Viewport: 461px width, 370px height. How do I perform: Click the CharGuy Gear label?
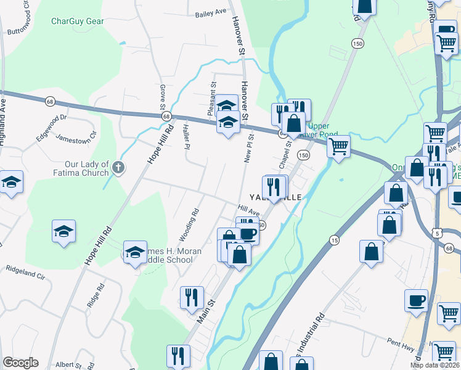(77, 21)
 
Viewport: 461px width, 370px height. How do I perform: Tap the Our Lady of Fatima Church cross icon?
(119, 166)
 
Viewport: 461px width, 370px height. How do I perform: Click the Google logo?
(20, 363)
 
